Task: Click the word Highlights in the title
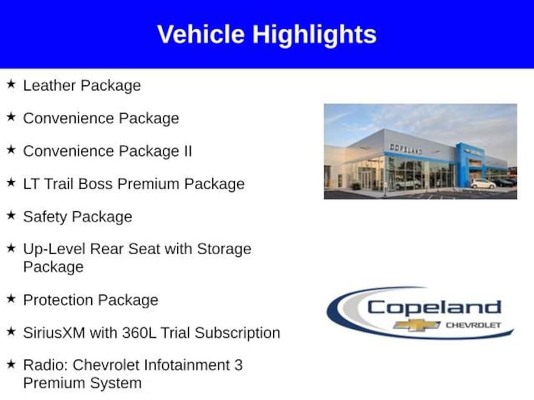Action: coord(314,35)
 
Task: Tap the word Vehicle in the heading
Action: coord(201,34)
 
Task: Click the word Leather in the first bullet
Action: coord(50,85)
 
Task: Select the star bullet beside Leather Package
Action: coord(11,84)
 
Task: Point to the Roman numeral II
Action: coord(188,151)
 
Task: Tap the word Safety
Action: coord(45,217)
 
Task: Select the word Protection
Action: coord(58,300)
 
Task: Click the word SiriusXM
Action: coord(54,333)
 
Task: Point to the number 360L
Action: coord(139,333)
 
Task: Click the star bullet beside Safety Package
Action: coord(11,215)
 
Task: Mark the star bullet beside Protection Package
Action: coord(11,298)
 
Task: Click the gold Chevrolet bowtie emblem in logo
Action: coord(417,325)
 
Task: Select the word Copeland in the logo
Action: coord(434,308)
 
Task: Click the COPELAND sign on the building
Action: coord(406,148)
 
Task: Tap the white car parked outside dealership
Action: coord(483,184)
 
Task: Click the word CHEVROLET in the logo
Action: coord(474,325)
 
